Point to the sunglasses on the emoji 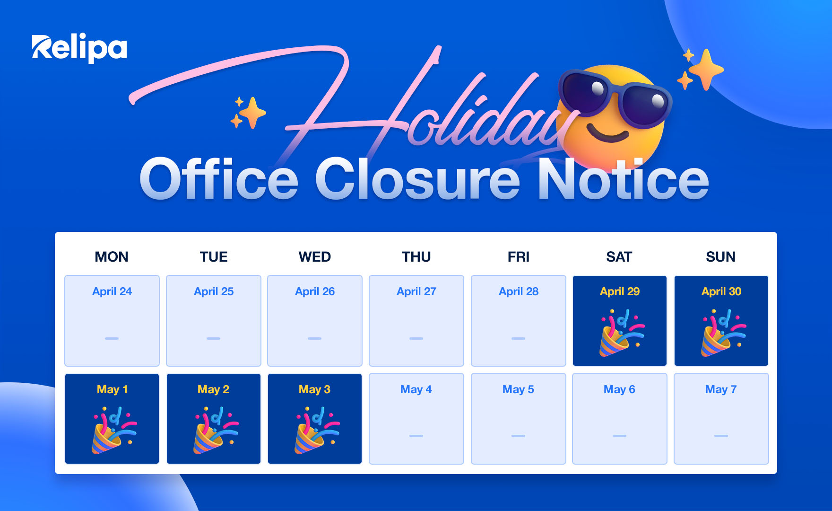click(615, 97)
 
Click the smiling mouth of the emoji click(608, 135)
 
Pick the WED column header click(314, 257)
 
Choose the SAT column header click(619, 257)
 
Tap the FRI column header click(518, 257)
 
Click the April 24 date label click(112, 291)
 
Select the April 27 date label click(416, 291)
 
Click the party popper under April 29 click(621, 332)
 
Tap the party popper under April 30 click(722, 332)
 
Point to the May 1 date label click(112, 389)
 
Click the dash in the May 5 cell click(518, 436)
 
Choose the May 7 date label click(721, 389)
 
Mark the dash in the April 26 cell click(314, 338)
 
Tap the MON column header click(112, 257)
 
